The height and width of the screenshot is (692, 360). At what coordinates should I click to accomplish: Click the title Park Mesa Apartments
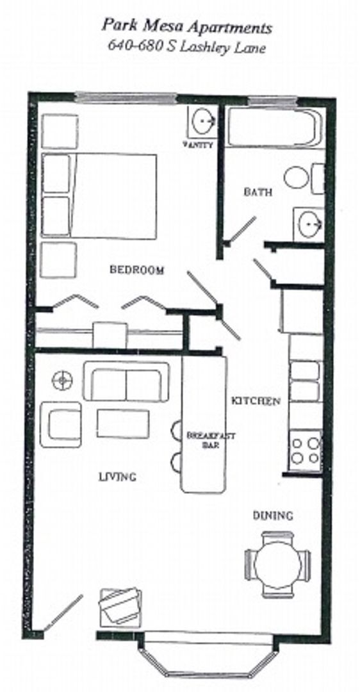pos(187,28)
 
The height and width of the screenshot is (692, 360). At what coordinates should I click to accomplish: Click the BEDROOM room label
pos(136,270)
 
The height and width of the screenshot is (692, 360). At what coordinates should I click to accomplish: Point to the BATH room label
pos(258,192)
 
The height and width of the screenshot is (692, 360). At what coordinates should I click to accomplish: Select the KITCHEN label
pos(256,401)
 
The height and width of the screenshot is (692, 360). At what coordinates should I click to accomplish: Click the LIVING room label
pos(117,477)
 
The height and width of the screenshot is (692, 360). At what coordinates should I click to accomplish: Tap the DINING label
pos(272,515)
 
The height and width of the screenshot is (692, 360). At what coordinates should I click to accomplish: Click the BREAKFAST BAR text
pos(202,440)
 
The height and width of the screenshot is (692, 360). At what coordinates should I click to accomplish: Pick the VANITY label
pos(197,145)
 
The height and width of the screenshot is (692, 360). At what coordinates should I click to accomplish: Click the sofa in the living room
pos(126,383)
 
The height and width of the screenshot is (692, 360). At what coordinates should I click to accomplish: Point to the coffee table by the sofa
pos(123,424)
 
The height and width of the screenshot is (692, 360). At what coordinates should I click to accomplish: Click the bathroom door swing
pos(242,230)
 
